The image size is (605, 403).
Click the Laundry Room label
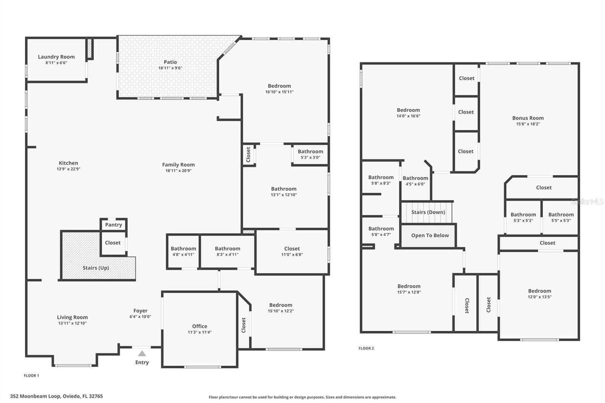coord(56,57)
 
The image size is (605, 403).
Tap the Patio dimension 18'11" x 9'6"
coord(170,68)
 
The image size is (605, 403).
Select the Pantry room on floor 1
coord(113,225)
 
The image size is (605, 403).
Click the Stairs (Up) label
coord(96,268)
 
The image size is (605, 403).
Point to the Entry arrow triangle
coord(142,353)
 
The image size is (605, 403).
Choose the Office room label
coord(199,326)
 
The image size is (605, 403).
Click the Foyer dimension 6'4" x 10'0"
coord(140,317)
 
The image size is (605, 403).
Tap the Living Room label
coord(72,317)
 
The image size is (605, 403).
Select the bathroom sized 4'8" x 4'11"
coord(183,251)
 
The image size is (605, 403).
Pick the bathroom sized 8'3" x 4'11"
coord(227,251)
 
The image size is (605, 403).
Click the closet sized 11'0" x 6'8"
coord(292,251)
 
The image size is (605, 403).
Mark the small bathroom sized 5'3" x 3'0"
coord(310,154)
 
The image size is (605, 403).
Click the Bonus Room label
coord(528,118)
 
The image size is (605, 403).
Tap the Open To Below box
coord(430,235)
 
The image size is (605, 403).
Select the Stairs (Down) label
coord(428,212)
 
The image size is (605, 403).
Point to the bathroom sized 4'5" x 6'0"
coord(415,181)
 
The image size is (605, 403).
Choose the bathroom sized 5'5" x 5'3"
coord(561,217)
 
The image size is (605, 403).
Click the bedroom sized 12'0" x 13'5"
coord(540,294)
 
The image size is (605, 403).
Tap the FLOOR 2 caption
coord(366,348)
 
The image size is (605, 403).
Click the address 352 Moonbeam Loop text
coord(56,396)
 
